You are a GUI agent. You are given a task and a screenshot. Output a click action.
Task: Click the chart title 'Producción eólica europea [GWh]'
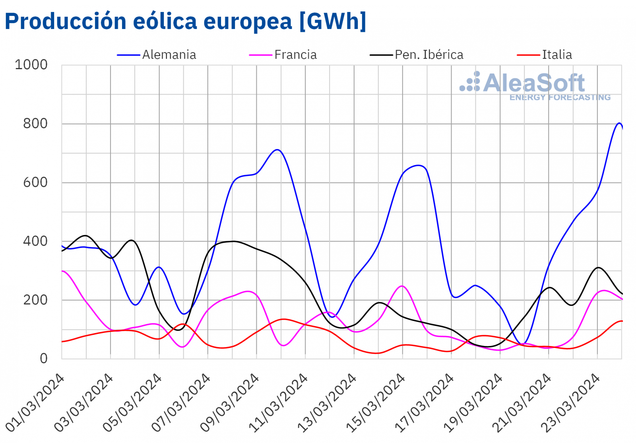[185, 21]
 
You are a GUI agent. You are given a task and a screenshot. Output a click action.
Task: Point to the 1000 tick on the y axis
[31, 65]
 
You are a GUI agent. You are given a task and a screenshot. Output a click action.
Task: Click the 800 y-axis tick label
[35, 124]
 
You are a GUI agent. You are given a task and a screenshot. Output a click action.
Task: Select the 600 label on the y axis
[35, 183]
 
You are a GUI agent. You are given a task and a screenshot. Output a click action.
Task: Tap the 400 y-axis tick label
[35, 241]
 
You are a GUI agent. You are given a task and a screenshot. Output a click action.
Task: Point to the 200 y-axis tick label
[35, 300]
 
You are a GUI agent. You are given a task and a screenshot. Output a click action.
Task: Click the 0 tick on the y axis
[44, 359]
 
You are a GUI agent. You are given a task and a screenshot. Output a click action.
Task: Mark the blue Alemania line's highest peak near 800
[619, 123]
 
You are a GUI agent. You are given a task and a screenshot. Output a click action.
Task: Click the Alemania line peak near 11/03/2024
[277, 150]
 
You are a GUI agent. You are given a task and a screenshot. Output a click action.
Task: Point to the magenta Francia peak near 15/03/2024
[402, 286]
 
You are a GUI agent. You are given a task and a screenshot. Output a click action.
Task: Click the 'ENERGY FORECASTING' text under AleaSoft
[560, 97]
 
